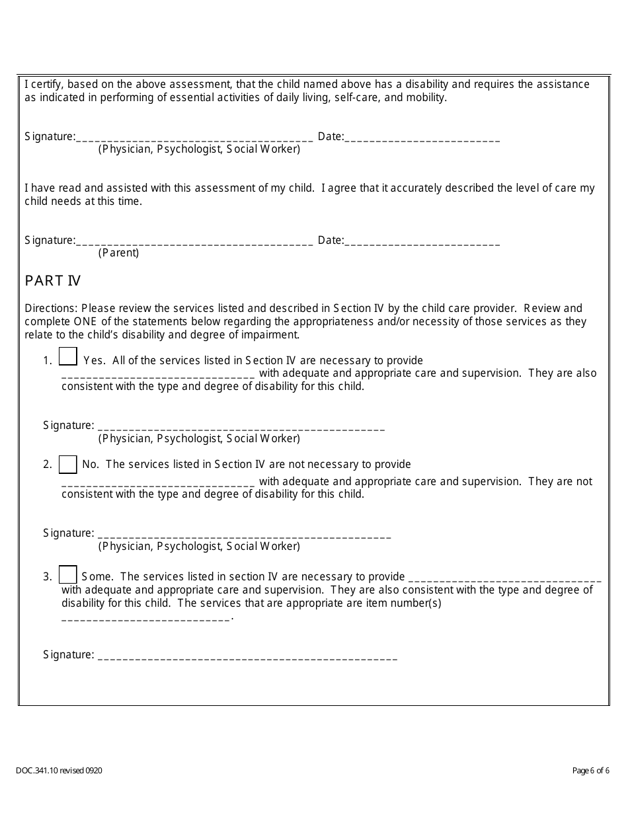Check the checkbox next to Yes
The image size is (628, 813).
[68, 356]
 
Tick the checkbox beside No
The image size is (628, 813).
[68, 465]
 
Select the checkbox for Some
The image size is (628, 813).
[68, 574]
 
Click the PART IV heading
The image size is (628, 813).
[53, 281]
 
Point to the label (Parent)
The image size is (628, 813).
[119, 252]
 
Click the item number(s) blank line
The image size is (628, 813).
[146, 618]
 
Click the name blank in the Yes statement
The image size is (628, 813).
[158, 375]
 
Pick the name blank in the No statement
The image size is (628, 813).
[158, 483]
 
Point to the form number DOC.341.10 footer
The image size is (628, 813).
[59, 770]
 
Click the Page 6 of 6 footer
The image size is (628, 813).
[591, 770]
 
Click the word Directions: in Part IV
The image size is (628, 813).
[51, 308]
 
